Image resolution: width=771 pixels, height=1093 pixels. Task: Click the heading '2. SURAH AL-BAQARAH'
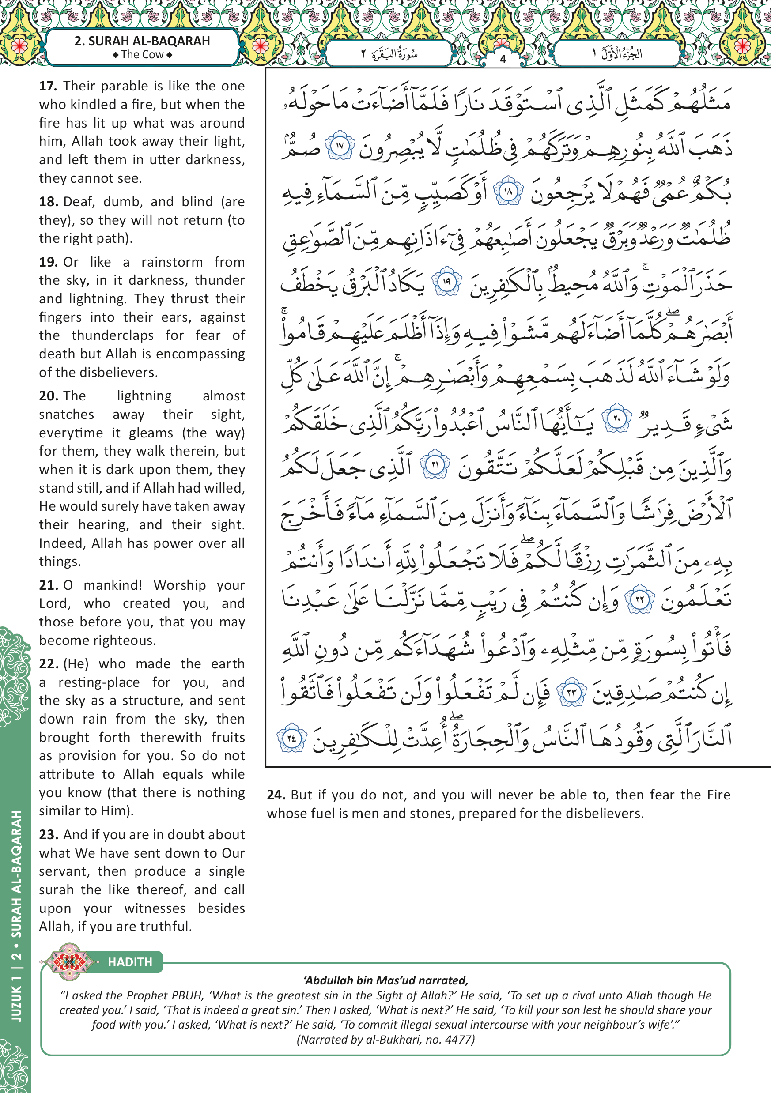142,41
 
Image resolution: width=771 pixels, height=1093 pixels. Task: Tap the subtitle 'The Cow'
142,55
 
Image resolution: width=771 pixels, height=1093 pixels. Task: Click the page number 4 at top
503,60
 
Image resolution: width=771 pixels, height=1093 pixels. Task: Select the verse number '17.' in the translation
48,86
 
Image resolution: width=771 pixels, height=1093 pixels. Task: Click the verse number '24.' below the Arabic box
276,795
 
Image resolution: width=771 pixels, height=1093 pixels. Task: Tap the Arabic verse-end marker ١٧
340,146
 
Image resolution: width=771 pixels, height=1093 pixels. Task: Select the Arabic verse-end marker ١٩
447,282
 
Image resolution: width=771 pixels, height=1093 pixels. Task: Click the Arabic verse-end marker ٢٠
617,419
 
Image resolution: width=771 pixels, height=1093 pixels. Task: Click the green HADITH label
130,962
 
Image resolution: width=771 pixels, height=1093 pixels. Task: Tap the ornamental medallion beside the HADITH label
69,961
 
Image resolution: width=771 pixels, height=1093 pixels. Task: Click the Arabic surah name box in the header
389,53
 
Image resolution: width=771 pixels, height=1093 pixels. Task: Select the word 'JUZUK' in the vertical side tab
16,1003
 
